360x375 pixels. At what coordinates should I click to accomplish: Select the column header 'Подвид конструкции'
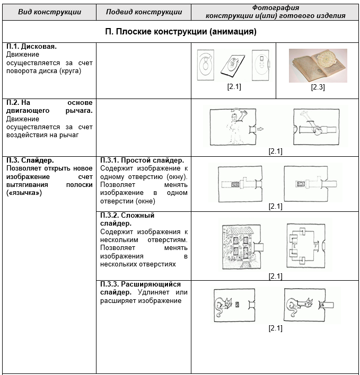point(144,12)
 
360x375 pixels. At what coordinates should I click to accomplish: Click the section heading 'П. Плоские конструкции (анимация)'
point(180,32)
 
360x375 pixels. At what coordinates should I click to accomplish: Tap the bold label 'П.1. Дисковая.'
point(31,47)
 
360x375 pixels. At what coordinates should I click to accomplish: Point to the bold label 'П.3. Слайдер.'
point(30,160)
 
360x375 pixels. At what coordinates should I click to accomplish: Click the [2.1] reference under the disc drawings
point(234,87)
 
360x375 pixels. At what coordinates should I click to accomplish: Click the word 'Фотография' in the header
point(276,8)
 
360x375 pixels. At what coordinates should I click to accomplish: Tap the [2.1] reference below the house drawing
point(275,276)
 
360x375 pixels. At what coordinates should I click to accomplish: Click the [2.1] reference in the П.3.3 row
point(275,328)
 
